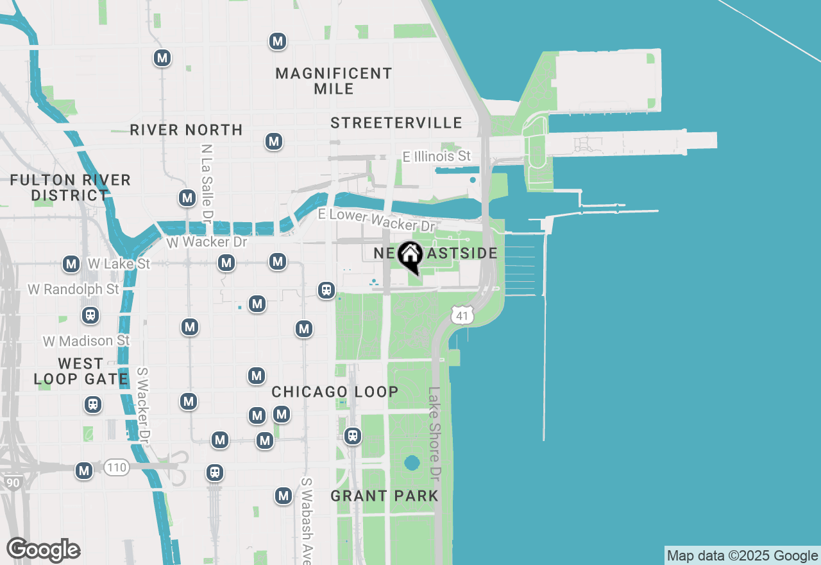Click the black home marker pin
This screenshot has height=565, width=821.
coord(410,256)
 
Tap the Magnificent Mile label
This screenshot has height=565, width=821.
coord(334,81)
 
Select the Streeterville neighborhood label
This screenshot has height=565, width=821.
coord(396,123)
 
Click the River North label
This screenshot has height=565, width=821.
coord(186,130)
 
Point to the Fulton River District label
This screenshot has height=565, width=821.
coord(70,187)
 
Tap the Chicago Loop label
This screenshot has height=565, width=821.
coord(335,392)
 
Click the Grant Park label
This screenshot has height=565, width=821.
coord(385,496)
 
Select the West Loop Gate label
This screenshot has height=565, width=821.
coord(81,372)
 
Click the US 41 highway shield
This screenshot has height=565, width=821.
coord(462,315)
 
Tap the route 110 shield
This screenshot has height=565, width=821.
coord(116,468)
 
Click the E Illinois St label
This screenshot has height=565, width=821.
coord(436,156)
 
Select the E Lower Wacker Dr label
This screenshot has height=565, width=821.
coord(377,220)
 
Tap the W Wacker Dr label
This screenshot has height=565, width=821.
coord(206,242)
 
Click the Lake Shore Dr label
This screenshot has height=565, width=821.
coord(436,434)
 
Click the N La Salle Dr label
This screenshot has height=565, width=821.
coord(206,180)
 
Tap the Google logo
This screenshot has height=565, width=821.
coord(44,550)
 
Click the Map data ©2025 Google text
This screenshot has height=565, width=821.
coord(742,555)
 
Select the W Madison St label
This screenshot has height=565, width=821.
coord(86,340)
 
